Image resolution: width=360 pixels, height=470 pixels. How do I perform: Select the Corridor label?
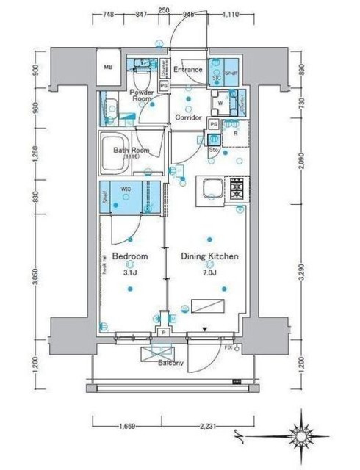click(x=189, y=117)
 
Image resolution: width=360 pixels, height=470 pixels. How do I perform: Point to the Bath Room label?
click(x=131, y=151)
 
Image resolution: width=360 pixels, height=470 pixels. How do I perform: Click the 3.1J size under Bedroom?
click(x=131, y=272)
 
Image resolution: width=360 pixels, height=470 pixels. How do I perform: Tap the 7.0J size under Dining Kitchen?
click(x=209, y=272)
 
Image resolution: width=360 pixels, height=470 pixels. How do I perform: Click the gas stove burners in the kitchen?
click(x=237, y=189)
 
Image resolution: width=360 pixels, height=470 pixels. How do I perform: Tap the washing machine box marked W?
click(x=220, y=103)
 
